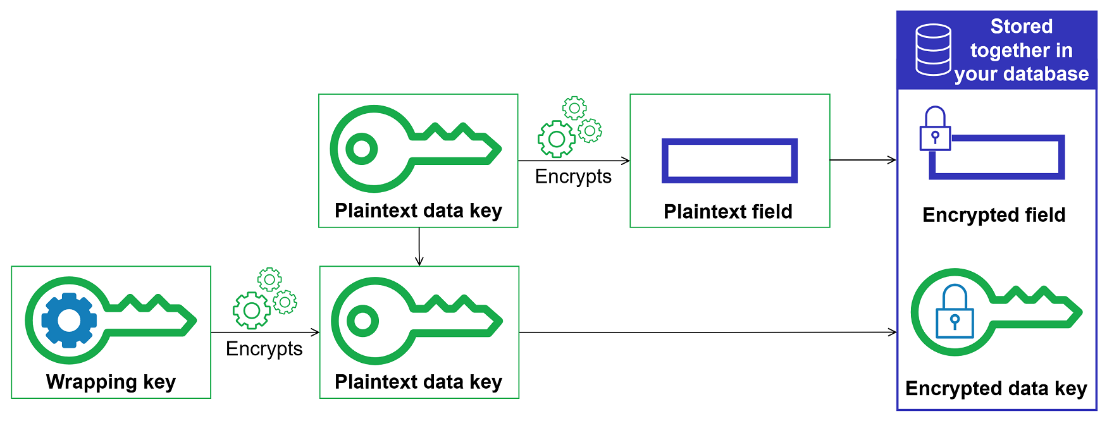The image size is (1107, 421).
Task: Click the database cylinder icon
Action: pyautogui.click(x=933, y=50)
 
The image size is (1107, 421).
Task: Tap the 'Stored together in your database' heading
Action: pyautogui.click(x=1021, y=51)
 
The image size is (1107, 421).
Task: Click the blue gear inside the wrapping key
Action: pyautogui.click(x=69, y=320)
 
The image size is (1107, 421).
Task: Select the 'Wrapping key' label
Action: pyautogui.click(x=111, y=382)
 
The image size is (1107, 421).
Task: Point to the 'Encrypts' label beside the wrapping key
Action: pyautogui.click(x=264, y=349)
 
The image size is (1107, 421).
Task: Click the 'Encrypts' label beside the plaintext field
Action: pyautogui.click(x=573, y=176)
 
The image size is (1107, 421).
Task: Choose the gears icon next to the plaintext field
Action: pyautogui.click(x=569, y=126)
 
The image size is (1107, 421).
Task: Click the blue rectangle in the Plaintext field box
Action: pyautogui.click(x=729, y=161)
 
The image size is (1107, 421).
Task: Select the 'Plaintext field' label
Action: pyautogui.click(x=728, y=212)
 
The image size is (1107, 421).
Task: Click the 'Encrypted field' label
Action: pyautogui.click(x=994, y=215)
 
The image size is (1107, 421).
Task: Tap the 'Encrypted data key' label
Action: pyautogui.click(x=996, y=388)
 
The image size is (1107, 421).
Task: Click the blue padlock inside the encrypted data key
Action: pyautogui.click(x=955, y=312)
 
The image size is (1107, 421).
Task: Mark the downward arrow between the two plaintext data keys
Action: pyautogui.click(x=419, y=247)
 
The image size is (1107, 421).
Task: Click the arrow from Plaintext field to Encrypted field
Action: pyautogui.click(x=863, y=160)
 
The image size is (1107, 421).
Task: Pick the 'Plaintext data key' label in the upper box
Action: pyautogui.click(x=418, y=210)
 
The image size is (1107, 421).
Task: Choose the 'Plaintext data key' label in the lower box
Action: pyautogui.click(x=418, y=382)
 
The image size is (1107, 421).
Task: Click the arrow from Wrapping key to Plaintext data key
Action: pyautogui.click(x=265, y=332)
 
